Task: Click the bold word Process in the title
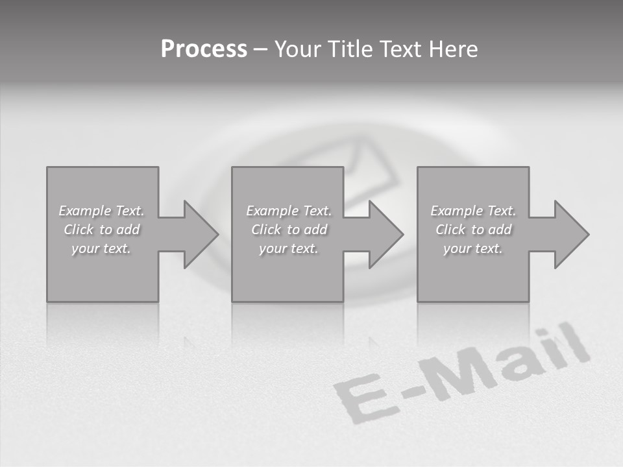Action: pyautogui.click(x=204, y=49)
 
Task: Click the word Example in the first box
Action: pyautogui.click(x=84, y=211)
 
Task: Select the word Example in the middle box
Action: pyautogui.click(x=272, y=211)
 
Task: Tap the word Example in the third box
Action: pyautogui.click(x=456, y=211)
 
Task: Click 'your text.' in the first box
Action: pyautogui.click(x=101, y=248)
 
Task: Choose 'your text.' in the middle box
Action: pyautogui.click(x=289, y=248)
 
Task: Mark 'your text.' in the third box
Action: pyautogui.click(x=473, y=248)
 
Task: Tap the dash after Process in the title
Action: pyautogui.click(x=260, y=49)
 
